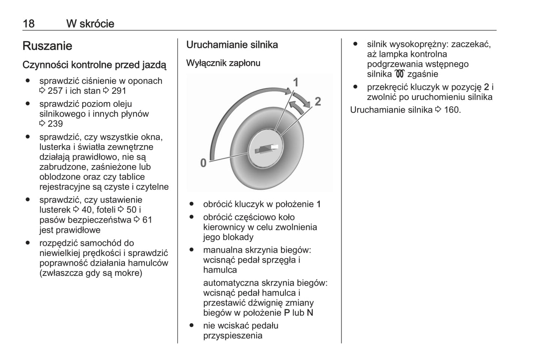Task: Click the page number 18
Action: pyautogui.click(x=29, y=24)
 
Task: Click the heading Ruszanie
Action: pyautogui.click(x=47, y=46)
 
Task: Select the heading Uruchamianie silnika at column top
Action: pyautogui.click(x=232, y=45)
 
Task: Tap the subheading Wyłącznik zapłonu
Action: pyautogui.click(x=223, y=63)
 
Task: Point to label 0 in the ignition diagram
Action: pyautogui.click(x=203, y=163)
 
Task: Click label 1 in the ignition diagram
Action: pyautogui.click(x=296, y=82)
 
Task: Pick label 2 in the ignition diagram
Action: pyautogui.click(x=317, y=101)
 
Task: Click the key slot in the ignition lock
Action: pyautogui.click(x=266, y=149)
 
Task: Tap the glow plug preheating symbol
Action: pyautogui.click(x=399, y=74)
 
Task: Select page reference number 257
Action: pyautogui.click(x=55, y=91)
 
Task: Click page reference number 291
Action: pyautogui.click(x=119, y=91)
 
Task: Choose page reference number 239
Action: pyautogui.click(x=55, y=124)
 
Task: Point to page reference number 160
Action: pyautogui.click(x=452, y=110)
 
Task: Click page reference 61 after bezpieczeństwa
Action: pyautogui.click(x=147, y=220)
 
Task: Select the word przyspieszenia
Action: pyautogui.click(x=233, y=336)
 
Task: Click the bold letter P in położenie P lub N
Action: pyautogui.click(x=287, y=313)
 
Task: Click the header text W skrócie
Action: pyautogui.click(x=90, y=24)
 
